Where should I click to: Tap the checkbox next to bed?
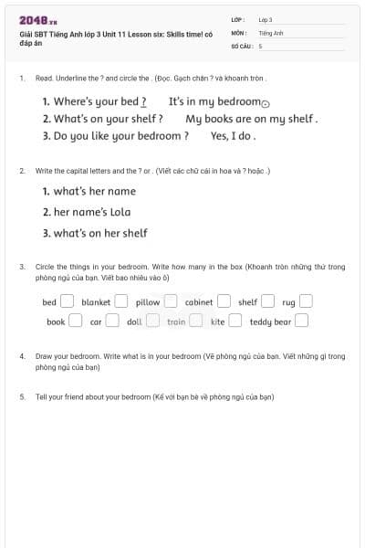(67, 302)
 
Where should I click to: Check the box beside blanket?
(121, 302)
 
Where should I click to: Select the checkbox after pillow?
(171, 302)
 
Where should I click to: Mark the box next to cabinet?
(223, 302)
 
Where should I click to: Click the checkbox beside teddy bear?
(301, 321)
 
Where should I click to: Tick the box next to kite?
(235, 321)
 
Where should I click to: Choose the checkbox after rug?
(306, 302)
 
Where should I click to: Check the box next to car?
(112, 321)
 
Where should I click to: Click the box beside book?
(76, 321)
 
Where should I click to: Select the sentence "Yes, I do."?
(233, 136)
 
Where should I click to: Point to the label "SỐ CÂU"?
(241, 45)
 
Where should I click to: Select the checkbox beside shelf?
(268, 302)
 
